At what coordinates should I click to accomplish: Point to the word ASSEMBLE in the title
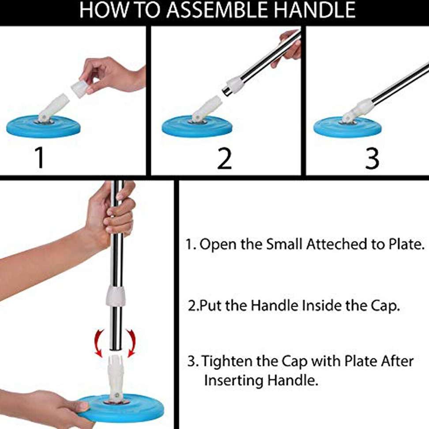[x=206, y=11]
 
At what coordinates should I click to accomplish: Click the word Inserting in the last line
[x=233, y=380]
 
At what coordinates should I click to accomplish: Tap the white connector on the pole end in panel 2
[x=234, y=85]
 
